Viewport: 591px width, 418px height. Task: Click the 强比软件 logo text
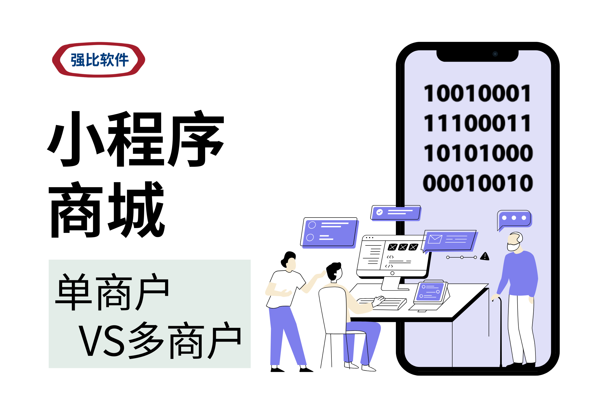point(100,60)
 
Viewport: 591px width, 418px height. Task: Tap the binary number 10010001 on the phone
point(477,93)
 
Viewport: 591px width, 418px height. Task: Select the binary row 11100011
point(477,123)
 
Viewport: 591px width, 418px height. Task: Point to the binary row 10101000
point(478,153)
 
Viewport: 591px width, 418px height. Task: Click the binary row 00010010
point(478,183)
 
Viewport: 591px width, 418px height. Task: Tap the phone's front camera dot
point(495,54)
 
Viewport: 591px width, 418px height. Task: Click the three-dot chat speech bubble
point(514,218)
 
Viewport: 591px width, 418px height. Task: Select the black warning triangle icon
point(485,256)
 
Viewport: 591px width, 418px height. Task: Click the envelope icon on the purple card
point(435,239)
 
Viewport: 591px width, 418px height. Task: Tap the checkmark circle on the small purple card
point(379,212)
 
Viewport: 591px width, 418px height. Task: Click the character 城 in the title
point(137,209)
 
